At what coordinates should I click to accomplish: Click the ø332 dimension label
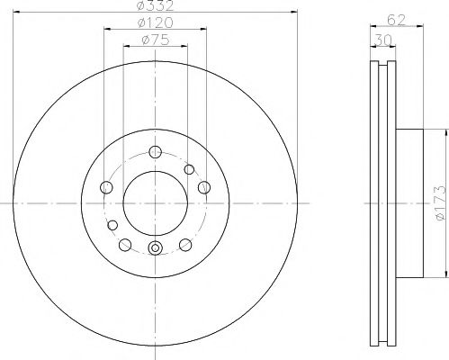154,8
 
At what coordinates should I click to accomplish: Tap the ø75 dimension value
155,40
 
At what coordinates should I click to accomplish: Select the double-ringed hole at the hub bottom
155,249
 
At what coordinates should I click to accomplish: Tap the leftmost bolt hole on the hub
106,187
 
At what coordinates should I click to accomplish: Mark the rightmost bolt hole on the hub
203,187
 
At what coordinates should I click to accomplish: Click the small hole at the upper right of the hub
189,169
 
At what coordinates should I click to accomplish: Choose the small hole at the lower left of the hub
113,224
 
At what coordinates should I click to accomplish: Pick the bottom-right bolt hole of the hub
185,244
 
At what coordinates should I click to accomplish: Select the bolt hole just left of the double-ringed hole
125,244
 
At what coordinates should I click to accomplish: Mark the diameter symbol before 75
144,40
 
